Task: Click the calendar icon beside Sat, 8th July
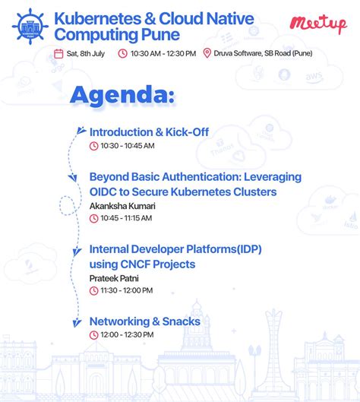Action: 59,53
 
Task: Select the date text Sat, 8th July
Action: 87,53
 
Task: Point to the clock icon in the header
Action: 122,53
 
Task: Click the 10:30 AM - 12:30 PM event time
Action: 163,53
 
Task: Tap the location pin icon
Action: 207,53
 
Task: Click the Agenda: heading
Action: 122,95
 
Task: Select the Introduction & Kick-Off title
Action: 149,132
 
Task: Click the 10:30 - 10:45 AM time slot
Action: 128,145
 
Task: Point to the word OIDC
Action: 105,192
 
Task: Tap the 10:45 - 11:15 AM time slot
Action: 128,218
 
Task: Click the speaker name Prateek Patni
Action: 114,278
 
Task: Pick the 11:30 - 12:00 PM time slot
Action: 127,290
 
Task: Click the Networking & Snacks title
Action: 145,321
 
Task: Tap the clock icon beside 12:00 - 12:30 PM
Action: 94,334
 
